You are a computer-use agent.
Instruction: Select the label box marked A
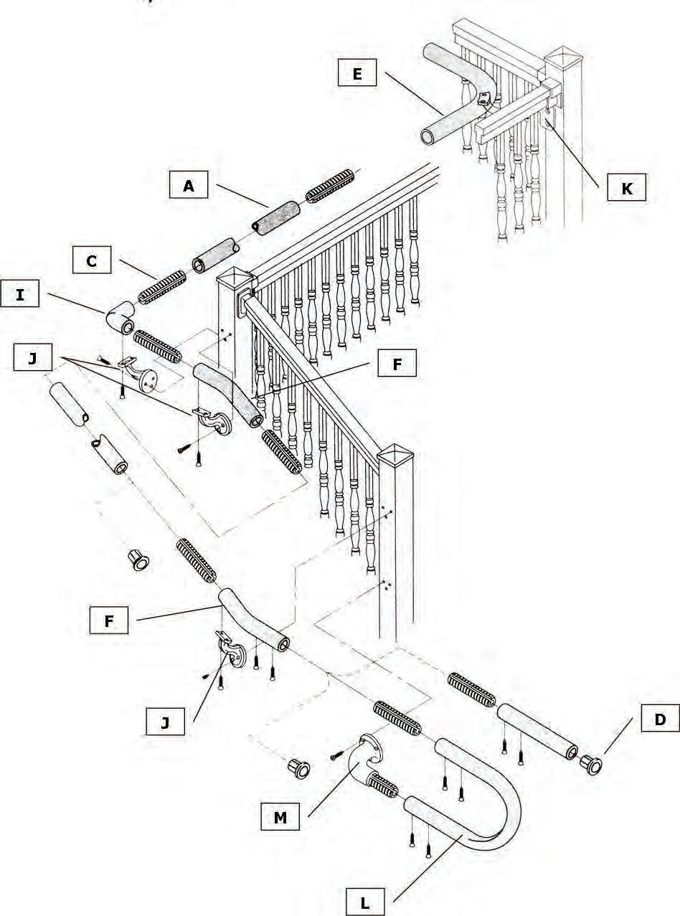189,186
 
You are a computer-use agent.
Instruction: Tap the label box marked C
92,261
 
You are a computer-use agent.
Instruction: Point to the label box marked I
19,295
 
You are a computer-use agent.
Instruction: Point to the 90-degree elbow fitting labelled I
119,318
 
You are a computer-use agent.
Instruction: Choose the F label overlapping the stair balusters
396,364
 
